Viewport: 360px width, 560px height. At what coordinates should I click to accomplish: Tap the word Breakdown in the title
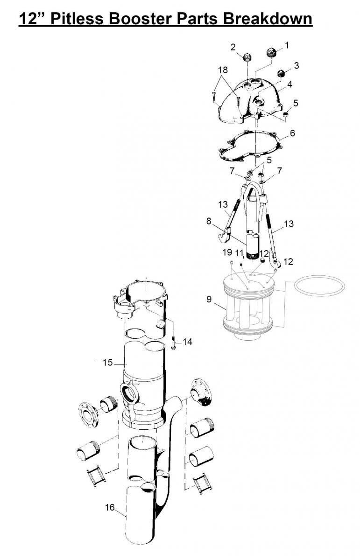coord(268,19)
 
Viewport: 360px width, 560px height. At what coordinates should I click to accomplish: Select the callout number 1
coord(287,45)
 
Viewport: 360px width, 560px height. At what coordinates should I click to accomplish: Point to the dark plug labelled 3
coord(282,74)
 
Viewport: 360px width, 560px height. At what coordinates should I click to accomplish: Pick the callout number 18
coord(222,70)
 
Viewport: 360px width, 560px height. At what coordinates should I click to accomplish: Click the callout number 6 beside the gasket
coord(292,133)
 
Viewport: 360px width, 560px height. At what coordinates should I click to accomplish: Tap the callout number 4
coord(289,84)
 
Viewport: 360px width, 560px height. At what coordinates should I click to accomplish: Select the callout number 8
coord(209,221)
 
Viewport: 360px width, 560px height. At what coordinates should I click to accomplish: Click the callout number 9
coord(209,299)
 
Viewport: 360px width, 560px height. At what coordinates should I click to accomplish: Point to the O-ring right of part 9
coord(319,285)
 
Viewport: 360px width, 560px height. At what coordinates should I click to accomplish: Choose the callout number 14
coord(187,342)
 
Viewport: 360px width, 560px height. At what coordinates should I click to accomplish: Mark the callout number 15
coord(108,362)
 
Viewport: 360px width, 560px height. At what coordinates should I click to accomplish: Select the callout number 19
coord(227,252)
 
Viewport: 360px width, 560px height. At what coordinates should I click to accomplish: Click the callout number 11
coord(239,253)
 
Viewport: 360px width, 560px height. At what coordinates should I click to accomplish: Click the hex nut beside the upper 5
coord(286,114)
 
